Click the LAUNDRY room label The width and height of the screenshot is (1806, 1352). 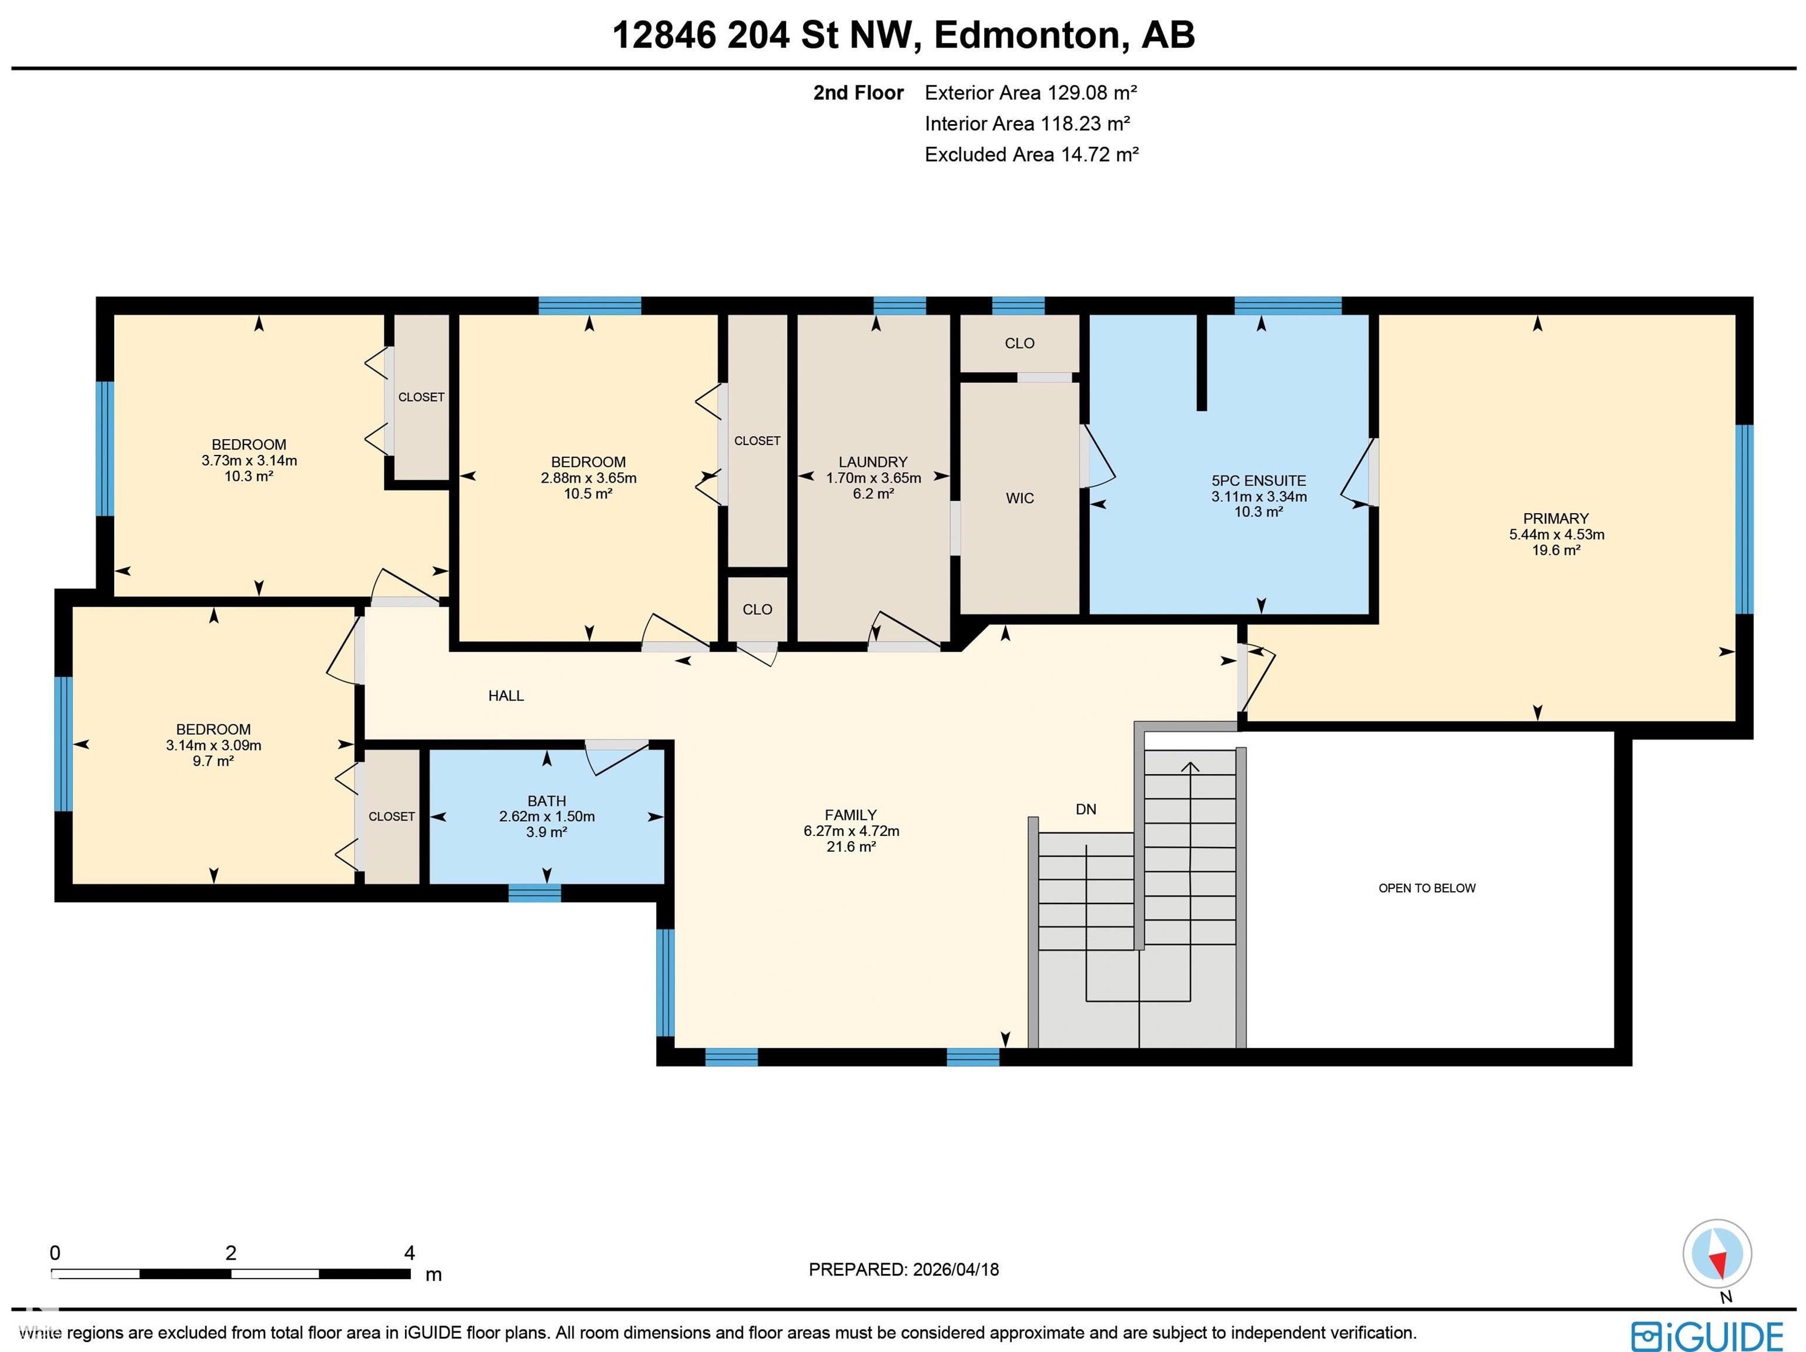873,462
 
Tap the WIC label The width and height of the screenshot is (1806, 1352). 1020,498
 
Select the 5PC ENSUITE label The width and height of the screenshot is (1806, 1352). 1259,481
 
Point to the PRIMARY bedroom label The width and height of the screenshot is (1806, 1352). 1556,518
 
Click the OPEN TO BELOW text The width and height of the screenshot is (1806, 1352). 1427,888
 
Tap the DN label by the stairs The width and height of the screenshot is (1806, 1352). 1086,809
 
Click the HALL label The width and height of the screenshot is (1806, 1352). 506,695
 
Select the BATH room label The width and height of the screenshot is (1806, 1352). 546,801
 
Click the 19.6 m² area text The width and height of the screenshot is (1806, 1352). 1556,550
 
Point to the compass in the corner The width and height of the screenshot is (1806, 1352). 1717,1253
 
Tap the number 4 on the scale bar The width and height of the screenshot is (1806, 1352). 410,1253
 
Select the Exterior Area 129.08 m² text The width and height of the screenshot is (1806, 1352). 1031,93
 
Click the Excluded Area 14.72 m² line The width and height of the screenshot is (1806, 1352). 1032,154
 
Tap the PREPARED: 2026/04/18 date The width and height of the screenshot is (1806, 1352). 904,1270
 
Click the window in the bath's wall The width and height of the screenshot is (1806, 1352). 535,893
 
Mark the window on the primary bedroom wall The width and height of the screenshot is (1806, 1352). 1744,519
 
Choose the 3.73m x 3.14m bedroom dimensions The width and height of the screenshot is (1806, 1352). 249,460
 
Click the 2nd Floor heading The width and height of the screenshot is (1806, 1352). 858,93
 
